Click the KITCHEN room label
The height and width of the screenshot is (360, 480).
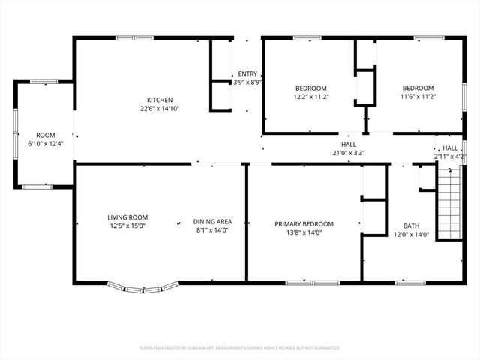pos(160,100)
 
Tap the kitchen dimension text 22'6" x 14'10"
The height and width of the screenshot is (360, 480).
pos(160,109)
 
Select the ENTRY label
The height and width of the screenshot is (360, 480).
pos(247,73)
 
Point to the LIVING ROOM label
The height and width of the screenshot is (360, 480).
pos(127,217)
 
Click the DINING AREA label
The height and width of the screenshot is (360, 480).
pos(212,221)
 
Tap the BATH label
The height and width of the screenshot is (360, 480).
pos(411,226)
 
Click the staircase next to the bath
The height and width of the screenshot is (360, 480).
pos(448,203)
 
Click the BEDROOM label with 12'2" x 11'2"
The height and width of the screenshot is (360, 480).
pos(310,88)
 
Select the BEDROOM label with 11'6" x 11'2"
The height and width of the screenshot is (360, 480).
pos(417,88)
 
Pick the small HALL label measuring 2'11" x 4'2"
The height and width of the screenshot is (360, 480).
pos(450,148)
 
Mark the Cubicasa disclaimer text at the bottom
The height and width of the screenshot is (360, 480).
pos(240,348)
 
